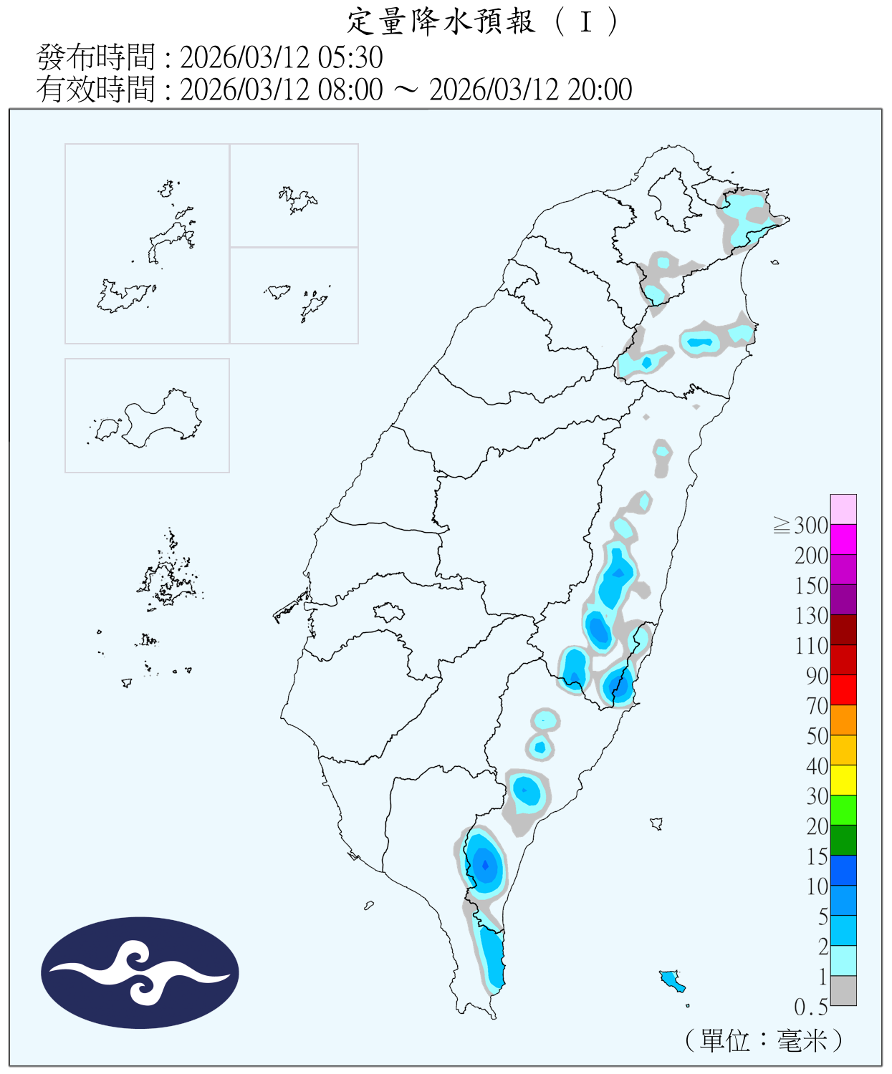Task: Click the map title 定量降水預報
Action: point(441,21)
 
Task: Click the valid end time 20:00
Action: point(600,89)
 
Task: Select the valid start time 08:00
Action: point(350,89)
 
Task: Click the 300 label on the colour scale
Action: point(811,526)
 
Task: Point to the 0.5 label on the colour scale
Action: point(811,1007)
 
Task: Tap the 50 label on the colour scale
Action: point(817,736)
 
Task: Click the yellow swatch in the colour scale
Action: point(843,780)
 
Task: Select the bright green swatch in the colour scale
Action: point(843,810)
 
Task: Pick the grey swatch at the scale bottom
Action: point(843,990)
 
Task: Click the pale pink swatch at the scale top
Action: point(843,509)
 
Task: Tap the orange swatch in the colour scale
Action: point(843,720)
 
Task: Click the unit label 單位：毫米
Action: point(764,1040)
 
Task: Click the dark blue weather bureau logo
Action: point(140,972)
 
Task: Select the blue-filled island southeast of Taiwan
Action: point(671,979)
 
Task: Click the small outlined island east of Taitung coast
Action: point(656,823)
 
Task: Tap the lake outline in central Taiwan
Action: point(388,612)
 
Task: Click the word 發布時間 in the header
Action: point(95,57)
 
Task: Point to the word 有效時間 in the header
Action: point(95,89)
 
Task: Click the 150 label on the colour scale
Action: point(811,586)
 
